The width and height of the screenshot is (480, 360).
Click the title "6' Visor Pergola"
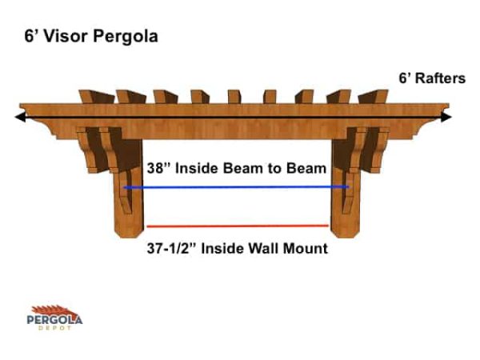[x=90, y=37]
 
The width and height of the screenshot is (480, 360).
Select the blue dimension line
[x=236, y=187]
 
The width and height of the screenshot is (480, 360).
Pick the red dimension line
[x=237, y=226]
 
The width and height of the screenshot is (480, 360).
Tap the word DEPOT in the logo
[x=55, y=329]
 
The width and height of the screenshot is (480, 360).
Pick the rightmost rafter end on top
[x=372, y=96]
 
